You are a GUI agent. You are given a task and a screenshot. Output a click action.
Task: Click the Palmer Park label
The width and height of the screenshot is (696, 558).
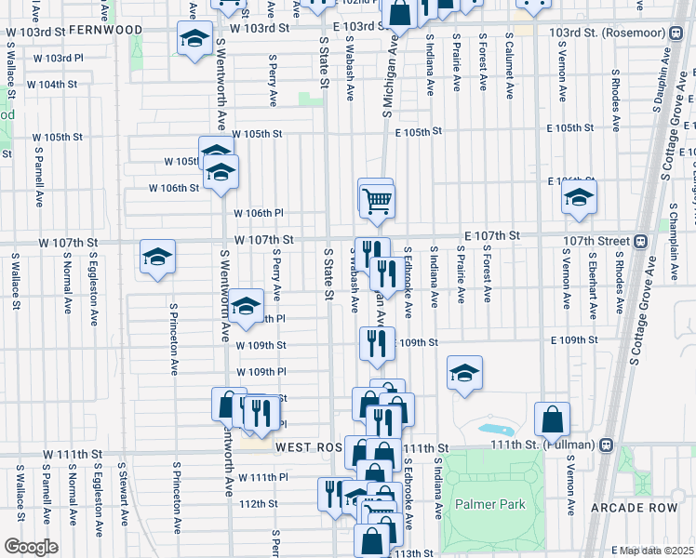pyautogui.click(x=490, y=505)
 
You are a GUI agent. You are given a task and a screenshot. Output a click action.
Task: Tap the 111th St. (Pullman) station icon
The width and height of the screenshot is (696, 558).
pyautogui.click(x=607, y=444)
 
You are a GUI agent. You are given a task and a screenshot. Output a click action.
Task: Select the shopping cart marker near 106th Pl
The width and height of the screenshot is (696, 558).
pyautogui.click(x=376, y=199)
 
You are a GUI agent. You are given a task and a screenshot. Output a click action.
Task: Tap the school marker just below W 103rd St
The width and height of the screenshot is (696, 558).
pyautogui.click(x=195, y=39)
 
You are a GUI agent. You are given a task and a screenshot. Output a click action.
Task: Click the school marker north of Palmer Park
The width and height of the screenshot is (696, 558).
pyautogui.click(x=464, y=373)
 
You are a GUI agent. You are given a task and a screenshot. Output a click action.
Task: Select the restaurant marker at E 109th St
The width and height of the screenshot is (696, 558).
pyautogui.click(x=377, y=342)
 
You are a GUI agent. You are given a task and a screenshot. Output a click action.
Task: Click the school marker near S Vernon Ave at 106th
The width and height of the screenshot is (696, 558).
pyautogui.click(x=578, y=198)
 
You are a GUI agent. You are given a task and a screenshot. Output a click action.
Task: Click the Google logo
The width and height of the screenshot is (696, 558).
pyautogui.click(x=31, y=547)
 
